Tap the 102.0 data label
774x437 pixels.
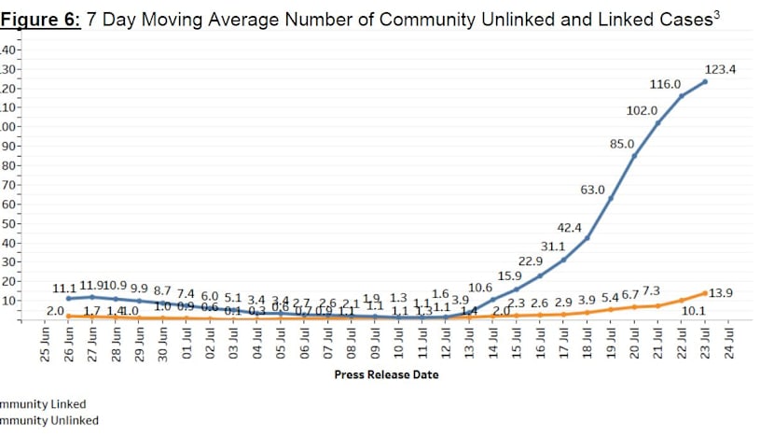pos(641,110)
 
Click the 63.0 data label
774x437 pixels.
pos(593,190)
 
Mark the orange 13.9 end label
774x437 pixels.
pos(722,293)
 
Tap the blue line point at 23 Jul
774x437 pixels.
pos(705,82)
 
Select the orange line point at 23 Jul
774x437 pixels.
pos(705,292)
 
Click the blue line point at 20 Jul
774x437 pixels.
pos(634,155)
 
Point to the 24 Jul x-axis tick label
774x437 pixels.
pos(730,343)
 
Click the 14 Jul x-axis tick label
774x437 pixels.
pos(493,343)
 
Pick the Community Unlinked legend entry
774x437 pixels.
pos(48,420)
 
